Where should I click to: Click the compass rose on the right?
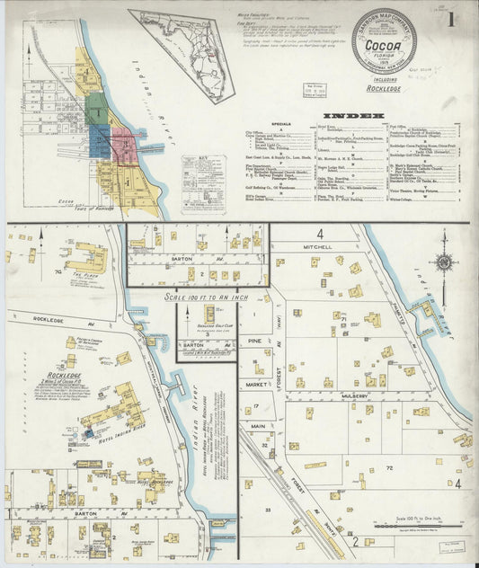coord(443,263)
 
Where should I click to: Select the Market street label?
coord(254,385)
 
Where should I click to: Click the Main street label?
coord(257,426)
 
